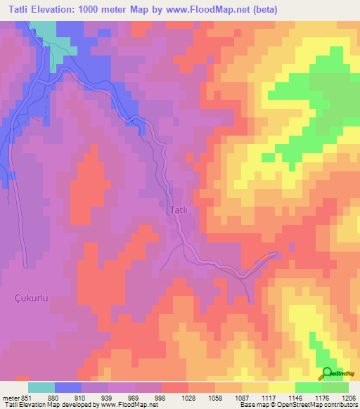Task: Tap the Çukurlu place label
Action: coord(32,298)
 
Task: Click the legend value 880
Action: coord(52,397)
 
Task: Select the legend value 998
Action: coord(159,397)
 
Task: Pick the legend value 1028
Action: coord(188,397)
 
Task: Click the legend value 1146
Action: coord(295,397)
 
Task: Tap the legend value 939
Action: coord(105,397)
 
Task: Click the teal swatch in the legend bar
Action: coord(41,387)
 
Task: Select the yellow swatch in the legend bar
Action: coord(281,387)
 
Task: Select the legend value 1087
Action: coord(241,397)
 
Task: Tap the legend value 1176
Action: coord(321,397)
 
